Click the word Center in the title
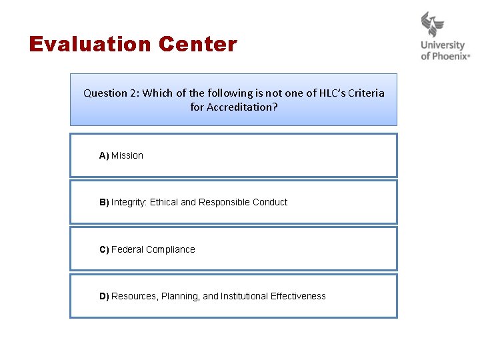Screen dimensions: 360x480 point(198,45)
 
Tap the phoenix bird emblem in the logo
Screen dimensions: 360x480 point(433,25)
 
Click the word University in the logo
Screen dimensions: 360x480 point(443,46)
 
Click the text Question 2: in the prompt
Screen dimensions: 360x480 point(111,93)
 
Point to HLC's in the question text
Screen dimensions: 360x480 point(327,93)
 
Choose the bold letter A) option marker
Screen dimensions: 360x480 point(104,156)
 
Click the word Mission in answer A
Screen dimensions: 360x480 point(127,156)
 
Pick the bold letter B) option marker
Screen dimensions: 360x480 point(104,203)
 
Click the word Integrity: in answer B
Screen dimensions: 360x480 point(129,203)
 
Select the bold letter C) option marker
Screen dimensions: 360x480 point(104,250)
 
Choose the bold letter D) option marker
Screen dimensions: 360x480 point(104,297)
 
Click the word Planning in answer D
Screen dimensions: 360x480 point(181,297)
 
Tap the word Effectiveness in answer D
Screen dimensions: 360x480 point(298,297)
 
